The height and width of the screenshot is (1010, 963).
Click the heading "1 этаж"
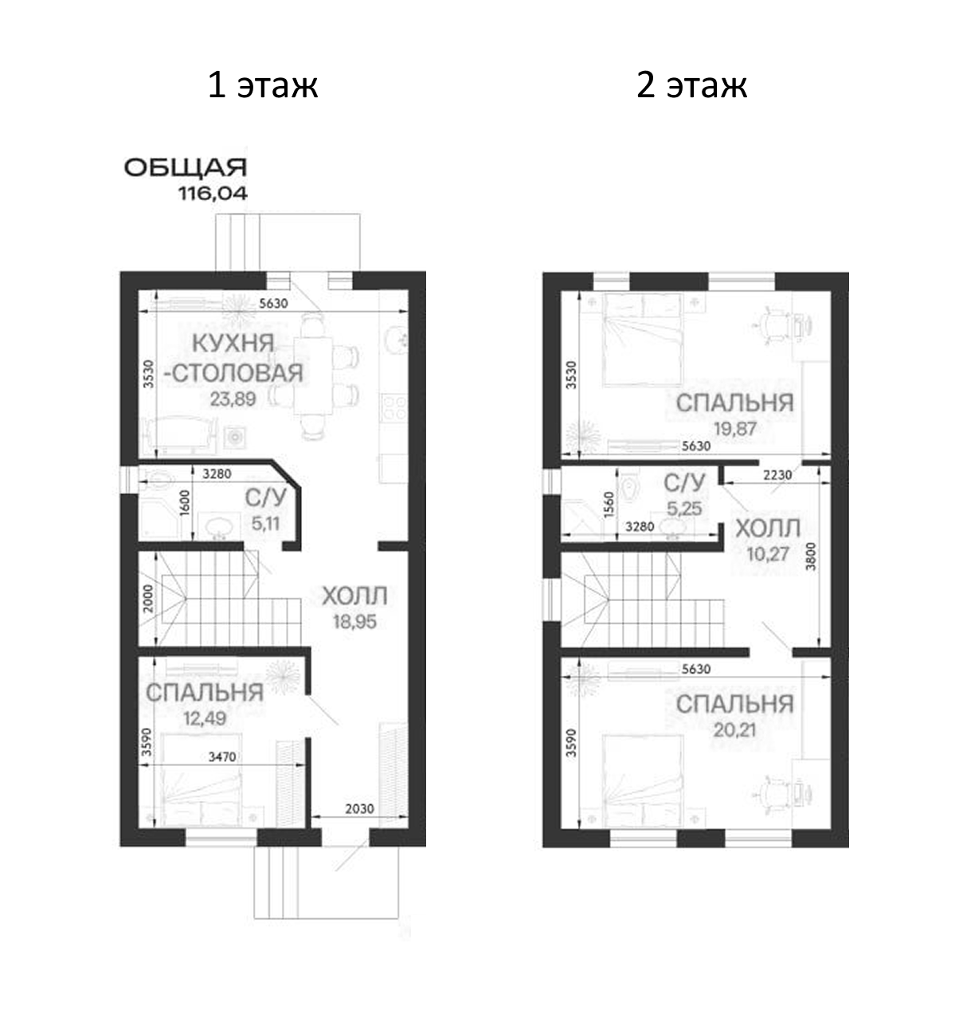click(x=263, y=85)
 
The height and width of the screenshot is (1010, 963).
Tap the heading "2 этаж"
click(x=691, y=85)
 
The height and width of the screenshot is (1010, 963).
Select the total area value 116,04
click(x=213, y=194)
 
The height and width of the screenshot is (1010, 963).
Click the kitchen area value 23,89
click(x=233, y=399)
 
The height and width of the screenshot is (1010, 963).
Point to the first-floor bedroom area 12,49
click(x=205, y=719)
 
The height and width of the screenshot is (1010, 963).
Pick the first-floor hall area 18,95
click(x=354, y=622)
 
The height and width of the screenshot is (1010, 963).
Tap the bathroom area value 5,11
click(x=265, y=524)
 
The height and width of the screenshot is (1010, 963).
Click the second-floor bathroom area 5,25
click(x=684, y=509)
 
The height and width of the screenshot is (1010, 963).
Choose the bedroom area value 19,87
click(x=735, y=428)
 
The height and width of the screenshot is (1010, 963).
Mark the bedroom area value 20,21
click(x=735, y=730)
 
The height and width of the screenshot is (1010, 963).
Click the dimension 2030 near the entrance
click(x=359, y=808)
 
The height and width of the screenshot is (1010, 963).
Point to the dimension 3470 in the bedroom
click(x=222, y=757)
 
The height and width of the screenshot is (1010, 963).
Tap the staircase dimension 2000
click(x=148, y=599)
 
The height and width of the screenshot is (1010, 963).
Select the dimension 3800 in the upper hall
click(x=810, y=556)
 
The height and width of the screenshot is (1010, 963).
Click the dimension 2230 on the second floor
click(x=777, y=475)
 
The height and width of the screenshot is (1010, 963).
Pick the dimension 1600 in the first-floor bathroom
click(x=185, y=503)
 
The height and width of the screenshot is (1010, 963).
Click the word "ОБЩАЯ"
click(x=186, y=168)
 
